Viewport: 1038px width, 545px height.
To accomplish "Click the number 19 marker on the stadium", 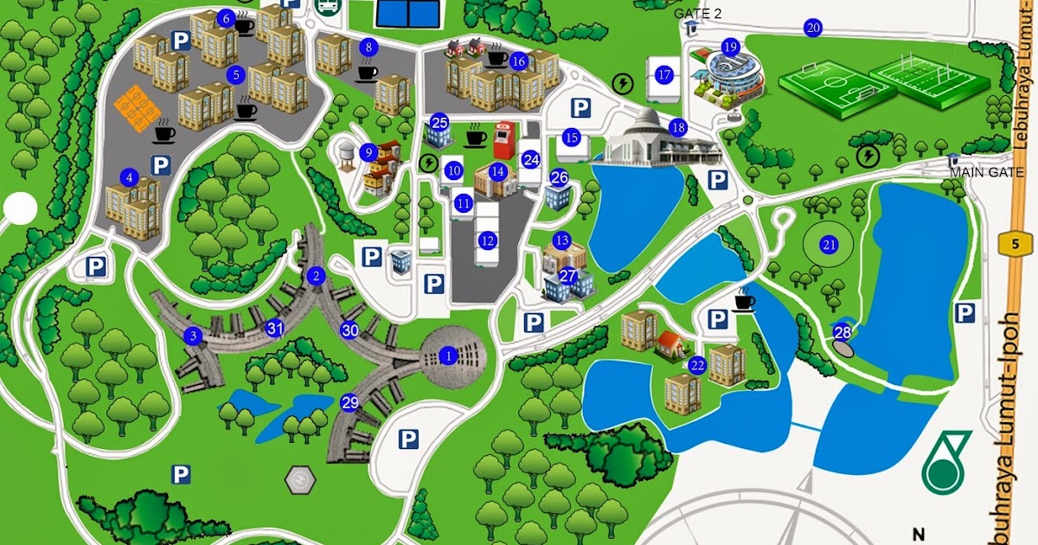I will (x=731, y=47).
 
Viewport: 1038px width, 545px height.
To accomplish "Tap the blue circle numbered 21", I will (x=830, y=245).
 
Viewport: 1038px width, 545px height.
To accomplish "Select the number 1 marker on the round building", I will (x=447, y=355).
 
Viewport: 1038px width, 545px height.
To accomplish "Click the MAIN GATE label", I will (x=986, y=172).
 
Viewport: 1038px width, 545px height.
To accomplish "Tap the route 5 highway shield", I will (x=1014, y=245).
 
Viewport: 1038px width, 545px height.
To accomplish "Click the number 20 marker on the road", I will (x=812, y=28).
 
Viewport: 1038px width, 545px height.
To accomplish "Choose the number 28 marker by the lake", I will (x=843, y=331).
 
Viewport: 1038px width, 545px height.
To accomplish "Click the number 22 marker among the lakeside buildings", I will (x=697, y=366).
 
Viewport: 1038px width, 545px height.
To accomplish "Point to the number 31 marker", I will (x=275, y=328).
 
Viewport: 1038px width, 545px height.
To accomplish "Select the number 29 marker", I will (x=349, y=402).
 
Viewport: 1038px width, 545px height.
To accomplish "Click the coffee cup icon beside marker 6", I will (x=246, y=26).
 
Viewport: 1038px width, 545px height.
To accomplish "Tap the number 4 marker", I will (x=130, y=178).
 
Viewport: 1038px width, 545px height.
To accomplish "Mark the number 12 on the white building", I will (x=489, y=240).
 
